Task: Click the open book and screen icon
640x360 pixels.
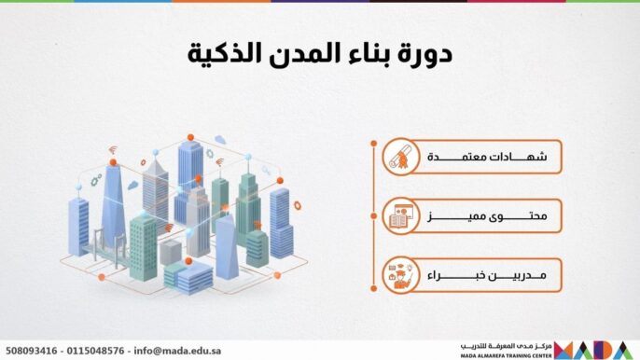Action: click(x=401, y=218)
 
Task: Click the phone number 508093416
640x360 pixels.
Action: click(x=33, y=351)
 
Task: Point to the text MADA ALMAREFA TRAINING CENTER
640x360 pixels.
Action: click(x=505, y=355)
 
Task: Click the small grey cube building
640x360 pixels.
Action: click(x=171, y=251)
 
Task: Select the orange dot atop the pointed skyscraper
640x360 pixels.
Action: click(x=113, y=163)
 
